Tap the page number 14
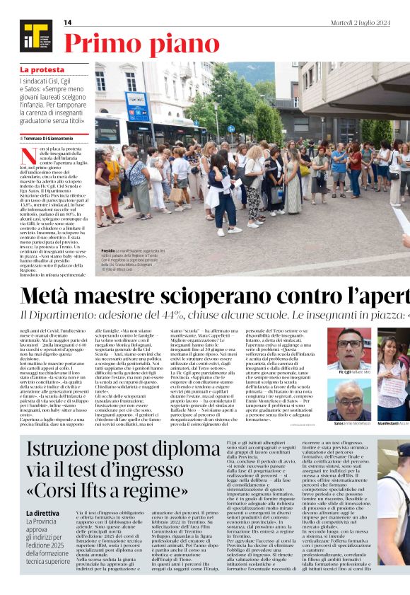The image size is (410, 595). tap(68, 23)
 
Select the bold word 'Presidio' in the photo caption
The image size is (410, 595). tap(107, 250)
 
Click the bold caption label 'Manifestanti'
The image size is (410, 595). tap(388, 424)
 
